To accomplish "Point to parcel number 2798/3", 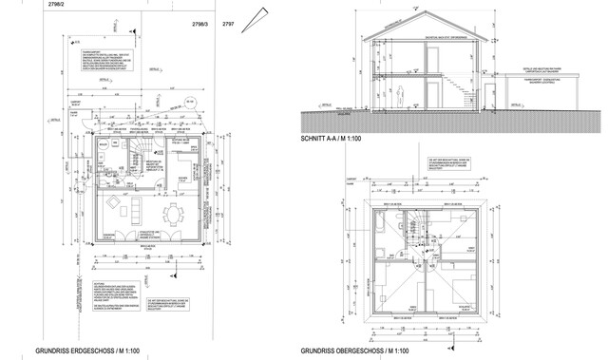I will [200, 19].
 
